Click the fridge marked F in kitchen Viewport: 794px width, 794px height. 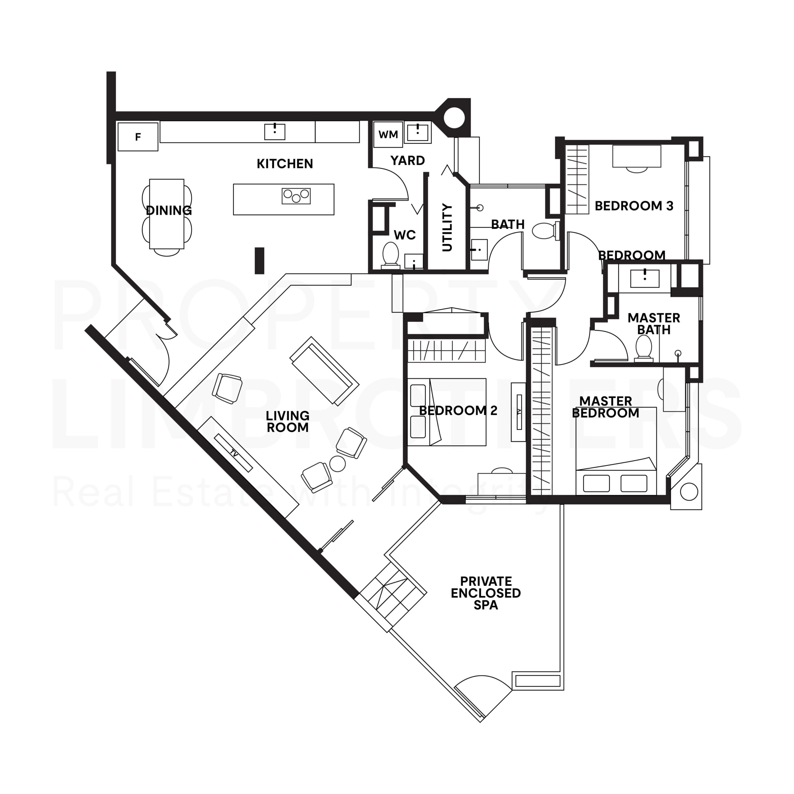[x=138, y=137]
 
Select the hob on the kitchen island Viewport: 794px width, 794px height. [x=296, y=196]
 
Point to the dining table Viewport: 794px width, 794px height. [x=167, y=214]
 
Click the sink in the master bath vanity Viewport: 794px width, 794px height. [x=645, y=278]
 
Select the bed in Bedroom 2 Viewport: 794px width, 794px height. [x=447, y=412]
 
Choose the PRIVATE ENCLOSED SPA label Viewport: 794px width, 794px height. [x=486, y=593]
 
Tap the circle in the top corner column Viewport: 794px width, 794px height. [x=454, y=118]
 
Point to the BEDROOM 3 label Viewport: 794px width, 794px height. [x=634, y=206]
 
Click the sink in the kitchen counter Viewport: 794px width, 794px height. [x=274, y=132]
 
